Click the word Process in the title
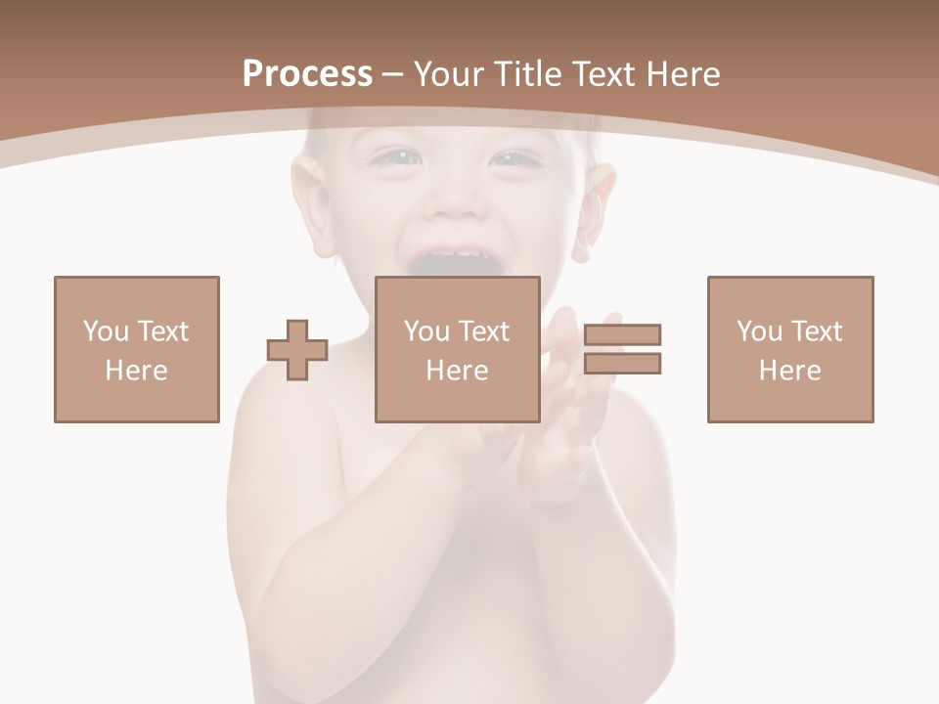(307, 74)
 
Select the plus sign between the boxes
(297, 350)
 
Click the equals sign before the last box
(623, 349)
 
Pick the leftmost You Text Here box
(137, 349)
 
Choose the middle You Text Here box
(458, 349)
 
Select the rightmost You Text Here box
(790, 349)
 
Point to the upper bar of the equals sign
(623, 334)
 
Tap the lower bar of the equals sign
(623, 364)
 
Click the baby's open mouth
(456, 262)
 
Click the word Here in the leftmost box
(137, 371)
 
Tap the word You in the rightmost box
(759, 331)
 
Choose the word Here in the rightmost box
(790, 371)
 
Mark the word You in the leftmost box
(106, 331)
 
